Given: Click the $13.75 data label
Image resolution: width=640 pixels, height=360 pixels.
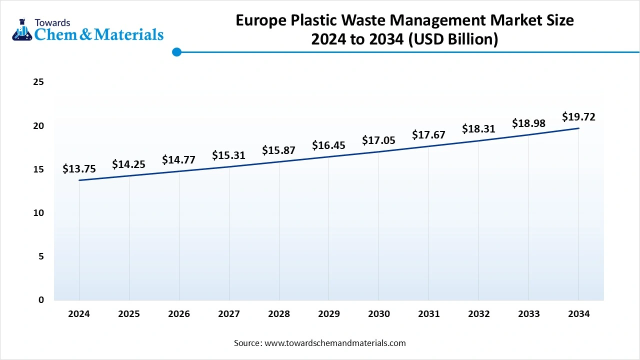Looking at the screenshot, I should pos(79,169).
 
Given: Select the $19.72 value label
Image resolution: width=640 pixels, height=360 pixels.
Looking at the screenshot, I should pos(578,117).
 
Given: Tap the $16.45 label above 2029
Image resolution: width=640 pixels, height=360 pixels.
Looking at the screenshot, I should pos(328,145).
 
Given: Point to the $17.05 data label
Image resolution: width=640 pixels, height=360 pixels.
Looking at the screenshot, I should pos(378,140).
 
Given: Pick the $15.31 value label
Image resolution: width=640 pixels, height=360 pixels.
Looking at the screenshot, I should pos(228,155).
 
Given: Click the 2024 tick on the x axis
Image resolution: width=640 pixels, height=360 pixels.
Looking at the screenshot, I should pos(79,314).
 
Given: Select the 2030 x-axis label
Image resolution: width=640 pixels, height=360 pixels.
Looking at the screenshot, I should pos(378,314).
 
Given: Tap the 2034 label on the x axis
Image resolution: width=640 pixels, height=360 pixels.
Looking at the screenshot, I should pos(578,314).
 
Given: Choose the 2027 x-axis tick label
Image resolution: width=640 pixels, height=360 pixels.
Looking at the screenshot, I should pos(228,314).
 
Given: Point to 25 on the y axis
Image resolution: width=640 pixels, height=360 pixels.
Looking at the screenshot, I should pos(38,82).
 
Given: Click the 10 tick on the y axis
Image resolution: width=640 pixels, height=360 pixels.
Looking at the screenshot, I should pos(38,213).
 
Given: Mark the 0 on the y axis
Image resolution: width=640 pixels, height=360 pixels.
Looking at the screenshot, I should pos(41,300).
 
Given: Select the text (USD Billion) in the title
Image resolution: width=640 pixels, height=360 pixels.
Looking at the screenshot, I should pos(453,39).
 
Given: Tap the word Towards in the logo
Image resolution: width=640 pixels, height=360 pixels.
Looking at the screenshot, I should pos(52,22).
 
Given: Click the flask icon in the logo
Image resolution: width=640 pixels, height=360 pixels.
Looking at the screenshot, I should pos(21,30).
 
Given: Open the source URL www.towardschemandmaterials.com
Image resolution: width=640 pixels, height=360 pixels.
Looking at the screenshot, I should pos(334,343).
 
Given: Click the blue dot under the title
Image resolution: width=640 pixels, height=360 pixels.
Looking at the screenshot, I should pos(176,52).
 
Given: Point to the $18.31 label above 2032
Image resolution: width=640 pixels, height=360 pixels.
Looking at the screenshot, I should pos(478,128).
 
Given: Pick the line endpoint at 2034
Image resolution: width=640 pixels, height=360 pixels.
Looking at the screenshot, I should pos(578,128).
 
